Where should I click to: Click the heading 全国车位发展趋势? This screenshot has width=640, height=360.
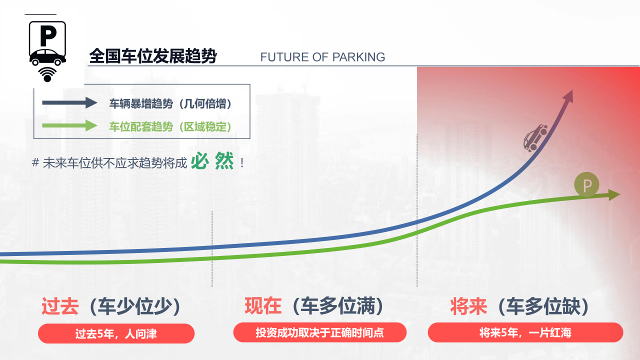click(152, 56)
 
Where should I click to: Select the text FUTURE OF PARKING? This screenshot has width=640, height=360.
click(322, 57)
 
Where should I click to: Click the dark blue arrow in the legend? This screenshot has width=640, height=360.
click(69, 103)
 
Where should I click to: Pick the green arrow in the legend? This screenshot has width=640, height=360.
click(69, 125)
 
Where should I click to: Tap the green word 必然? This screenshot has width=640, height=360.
click(212, 161)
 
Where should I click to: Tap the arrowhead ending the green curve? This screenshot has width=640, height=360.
click(614, 194)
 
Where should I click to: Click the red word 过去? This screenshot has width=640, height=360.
click(60, 306)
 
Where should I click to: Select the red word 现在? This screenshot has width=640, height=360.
click(263, 305)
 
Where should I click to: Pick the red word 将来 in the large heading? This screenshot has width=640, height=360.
click(468, 306)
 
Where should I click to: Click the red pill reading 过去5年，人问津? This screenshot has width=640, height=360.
click(116, 333)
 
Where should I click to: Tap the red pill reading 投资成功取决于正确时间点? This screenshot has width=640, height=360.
click(319, 332)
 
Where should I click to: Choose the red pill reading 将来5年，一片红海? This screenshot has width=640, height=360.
click(525, 332)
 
